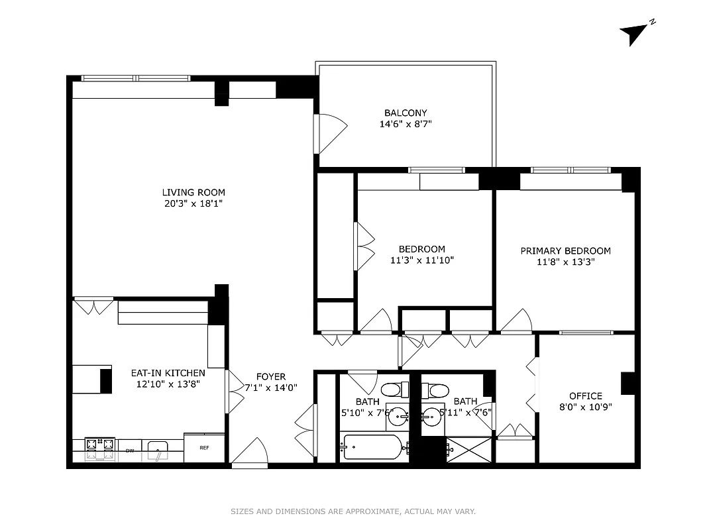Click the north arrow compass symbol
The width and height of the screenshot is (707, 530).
635,33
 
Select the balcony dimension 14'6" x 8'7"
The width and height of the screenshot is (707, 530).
405,124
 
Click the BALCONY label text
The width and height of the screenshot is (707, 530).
406,113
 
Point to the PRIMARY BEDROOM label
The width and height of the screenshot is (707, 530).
565,250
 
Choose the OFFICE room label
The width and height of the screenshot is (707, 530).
585,396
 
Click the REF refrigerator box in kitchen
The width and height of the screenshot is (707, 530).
205,448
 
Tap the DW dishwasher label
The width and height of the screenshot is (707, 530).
130,451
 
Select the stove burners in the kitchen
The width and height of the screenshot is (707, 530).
99,449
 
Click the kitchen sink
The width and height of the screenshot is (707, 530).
157,449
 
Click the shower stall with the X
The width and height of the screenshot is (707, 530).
469,449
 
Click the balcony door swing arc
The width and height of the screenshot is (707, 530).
332,132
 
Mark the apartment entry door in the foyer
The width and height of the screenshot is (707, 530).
250,454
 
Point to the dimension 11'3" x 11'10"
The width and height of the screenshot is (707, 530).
421,260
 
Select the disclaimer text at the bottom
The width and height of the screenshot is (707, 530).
353,511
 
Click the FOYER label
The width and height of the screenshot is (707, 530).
271,376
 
